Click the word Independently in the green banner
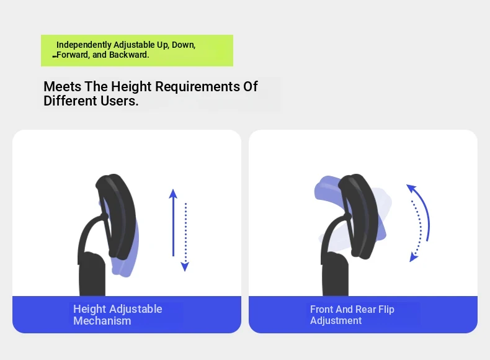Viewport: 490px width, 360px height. [x=84, y=45]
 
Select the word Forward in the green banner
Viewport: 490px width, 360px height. [x=72, y=55]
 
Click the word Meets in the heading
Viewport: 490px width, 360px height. [x=63, y=87]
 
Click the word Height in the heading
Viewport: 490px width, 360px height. [x=131, y=87]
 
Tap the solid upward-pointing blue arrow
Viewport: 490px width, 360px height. [x=173, y=223]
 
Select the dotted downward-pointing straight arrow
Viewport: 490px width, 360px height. [x=185, y=237]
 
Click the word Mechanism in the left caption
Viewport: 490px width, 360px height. [x=102, y=321]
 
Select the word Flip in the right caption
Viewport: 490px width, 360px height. [x=386, y=309]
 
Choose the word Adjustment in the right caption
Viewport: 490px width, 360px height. [x=336, y=321]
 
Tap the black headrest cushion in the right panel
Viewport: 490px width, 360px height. [x=359, y=216]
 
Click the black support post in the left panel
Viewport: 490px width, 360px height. [x=92, y=274]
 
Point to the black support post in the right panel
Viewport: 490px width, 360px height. [x=335, y=274]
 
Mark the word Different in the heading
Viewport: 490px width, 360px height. [x=70, y=101]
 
